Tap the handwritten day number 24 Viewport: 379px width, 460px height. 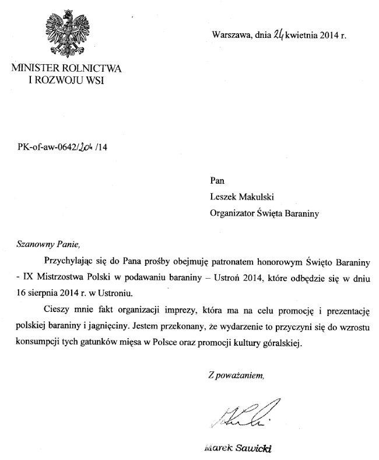278,35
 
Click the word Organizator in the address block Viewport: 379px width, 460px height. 232,213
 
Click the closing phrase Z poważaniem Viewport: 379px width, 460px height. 236,374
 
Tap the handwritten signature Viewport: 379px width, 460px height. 239,416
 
